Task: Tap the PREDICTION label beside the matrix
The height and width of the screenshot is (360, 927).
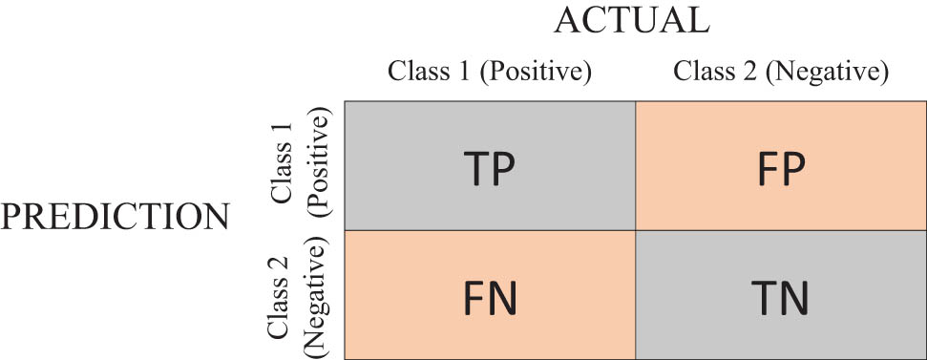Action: click(115, 217)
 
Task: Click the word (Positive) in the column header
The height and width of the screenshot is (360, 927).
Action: click(538, 72)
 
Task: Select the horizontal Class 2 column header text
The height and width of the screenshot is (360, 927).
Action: click(716, 72)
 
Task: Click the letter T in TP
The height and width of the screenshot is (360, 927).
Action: click(474, 168)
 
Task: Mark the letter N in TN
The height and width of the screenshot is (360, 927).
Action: click(796, 297)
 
